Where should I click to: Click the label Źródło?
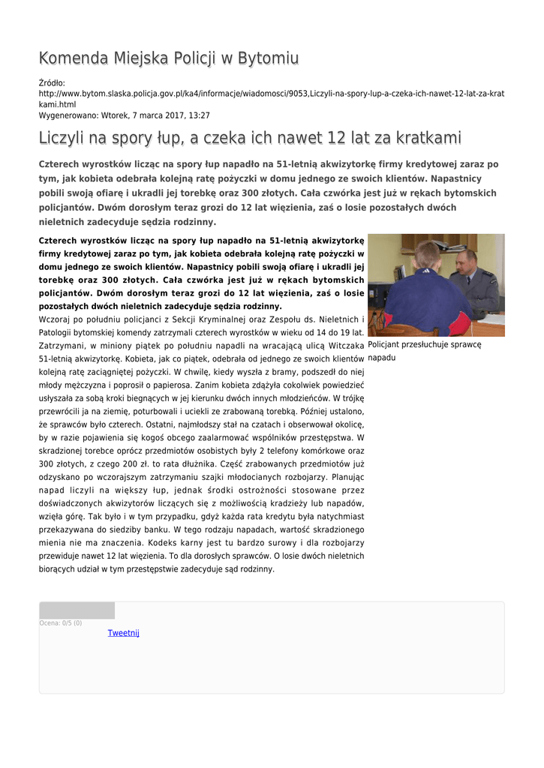52,82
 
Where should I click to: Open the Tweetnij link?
124,633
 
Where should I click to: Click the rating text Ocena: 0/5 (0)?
61,622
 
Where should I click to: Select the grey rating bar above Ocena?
77,610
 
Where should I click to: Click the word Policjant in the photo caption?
386,345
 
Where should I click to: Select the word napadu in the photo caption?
381,358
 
